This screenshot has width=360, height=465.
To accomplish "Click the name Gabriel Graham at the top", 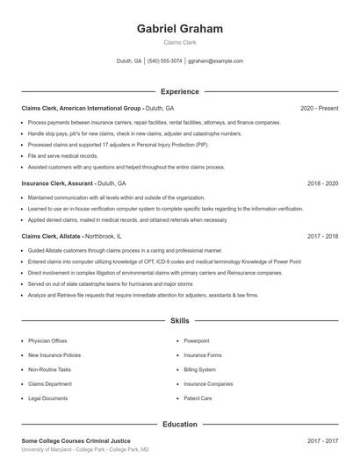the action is tap(180, 28).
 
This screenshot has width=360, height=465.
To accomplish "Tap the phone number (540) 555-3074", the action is tap(165, 61).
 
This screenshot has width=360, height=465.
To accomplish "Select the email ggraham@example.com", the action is tap(215, 61).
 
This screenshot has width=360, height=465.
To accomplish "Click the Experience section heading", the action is tap(180, 91).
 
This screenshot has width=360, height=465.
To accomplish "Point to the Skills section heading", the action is tap(180, 322).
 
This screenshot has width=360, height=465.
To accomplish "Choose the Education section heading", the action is tap(180, 425).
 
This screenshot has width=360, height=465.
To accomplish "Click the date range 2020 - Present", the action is tap(319, 108).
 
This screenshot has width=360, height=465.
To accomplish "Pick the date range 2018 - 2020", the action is tap(323, 183).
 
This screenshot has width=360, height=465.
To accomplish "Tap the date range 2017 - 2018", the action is tap(323, 236).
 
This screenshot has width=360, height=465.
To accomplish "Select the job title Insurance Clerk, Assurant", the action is tap(57, 183).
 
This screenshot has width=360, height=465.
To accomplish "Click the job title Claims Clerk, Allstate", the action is tap(53, 236).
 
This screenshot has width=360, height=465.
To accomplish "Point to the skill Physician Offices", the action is tap(47, 340).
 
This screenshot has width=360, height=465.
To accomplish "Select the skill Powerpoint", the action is tap(197, 340).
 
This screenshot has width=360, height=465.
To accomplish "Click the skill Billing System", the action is tap(200, 369).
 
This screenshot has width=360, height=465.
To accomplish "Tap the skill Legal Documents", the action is tap(47, 398).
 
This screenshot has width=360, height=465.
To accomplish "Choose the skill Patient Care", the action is tap(198, 398).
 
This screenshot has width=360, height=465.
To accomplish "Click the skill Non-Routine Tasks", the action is tap(51, 369).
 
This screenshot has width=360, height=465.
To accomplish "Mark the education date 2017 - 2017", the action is tap(323, 441).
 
